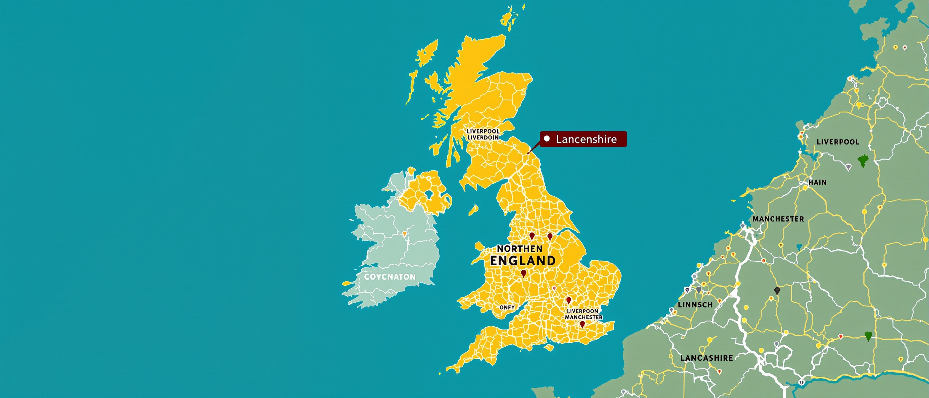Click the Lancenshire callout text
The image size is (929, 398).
586,139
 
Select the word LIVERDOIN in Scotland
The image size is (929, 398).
483,138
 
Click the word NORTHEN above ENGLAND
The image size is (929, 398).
520,249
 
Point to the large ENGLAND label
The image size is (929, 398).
523,261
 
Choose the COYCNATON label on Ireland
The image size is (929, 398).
390,277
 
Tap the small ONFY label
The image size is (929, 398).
507,307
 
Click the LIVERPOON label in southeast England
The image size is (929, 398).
582,311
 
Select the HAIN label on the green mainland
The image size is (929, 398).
817,182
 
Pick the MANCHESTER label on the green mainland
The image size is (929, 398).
778,219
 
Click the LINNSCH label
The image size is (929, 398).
695,305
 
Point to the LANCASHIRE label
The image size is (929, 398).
707,358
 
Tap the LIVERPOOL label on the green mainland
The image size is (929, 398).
838,142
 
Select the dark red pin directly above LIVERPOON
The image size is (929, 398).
569,300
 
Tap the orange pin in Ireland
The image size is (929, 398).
405,234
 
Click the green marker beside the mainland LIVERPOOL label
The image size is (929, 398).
863,160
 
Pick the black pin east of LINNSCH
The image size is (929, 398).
777,291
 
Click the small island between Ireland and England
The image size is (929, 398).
473,209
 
